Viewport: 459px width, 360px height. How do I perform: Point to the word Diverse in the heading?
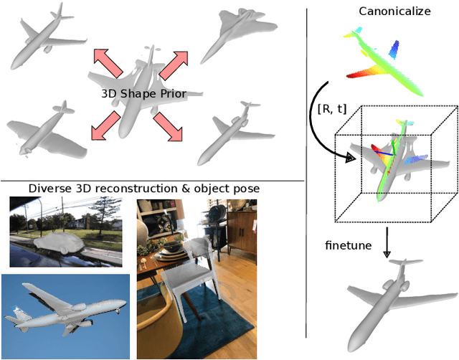(48, 189)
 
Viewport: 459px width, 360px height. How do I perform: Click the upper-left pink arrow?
(107, 63)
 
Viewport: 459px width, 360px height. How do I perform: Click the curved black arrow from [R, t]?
(318, 122)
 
